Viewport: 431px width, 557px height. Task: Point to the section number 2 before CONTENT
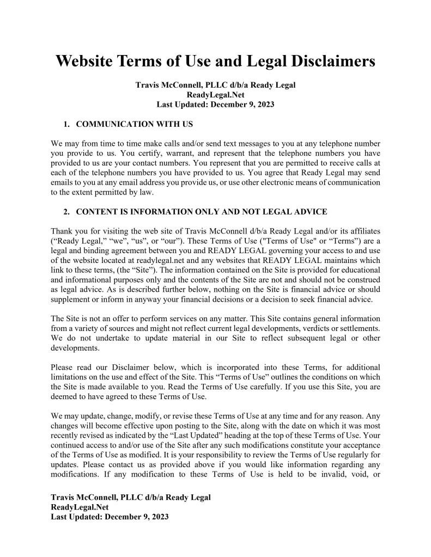click(66, 211)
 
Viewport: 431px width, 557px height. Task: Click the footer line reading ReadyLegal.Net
click(78, 507)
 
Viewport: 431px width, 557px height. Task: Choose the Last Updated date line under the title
click(215, 104)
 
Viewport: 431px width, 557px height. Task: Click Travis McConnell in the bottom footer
click(90, 497)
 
